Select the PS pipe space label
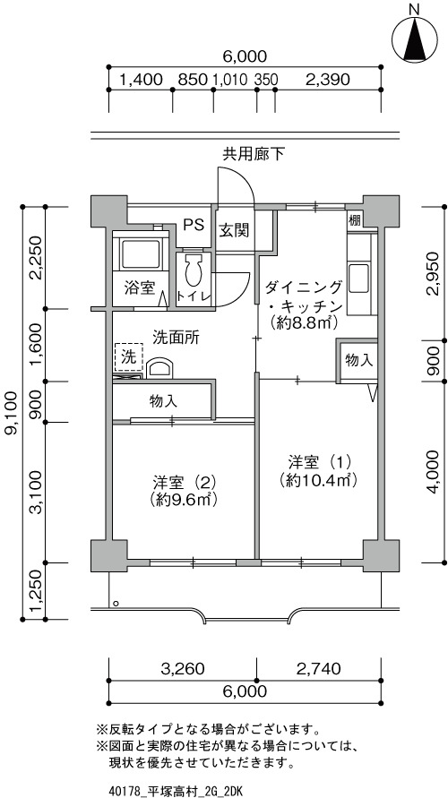[x=194, y=226]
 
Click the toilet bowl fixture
[x=194, y=270]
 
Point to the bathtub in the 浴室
[x=140, y=253]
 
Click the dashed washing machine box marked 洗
[x=129, y=357]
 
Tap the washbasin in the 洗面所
[x=159, y=368]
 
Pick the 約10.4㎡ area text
[x=316, y=479]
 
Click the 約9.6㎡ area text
[x=185, y=499]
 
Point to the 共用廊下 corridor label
[x=253, y=154]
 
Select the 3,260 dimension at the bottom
[x=182, y=668]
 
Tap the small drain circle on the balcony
[x=116, y=604]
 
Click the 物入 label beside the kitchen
[x=359, y=360]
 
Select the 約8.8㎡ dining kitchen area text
[x=305, y=322]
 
